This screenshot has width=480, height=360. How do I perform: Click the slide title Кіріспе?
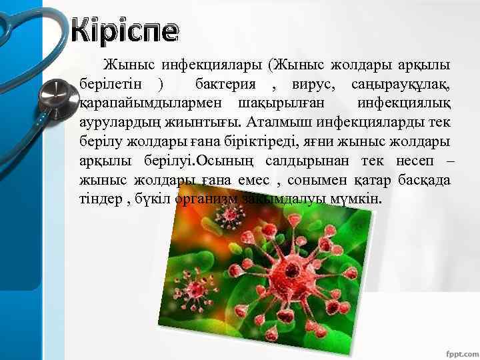(125, 31)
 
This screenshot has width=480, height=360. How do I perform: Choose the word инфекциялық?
(404, 105)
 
